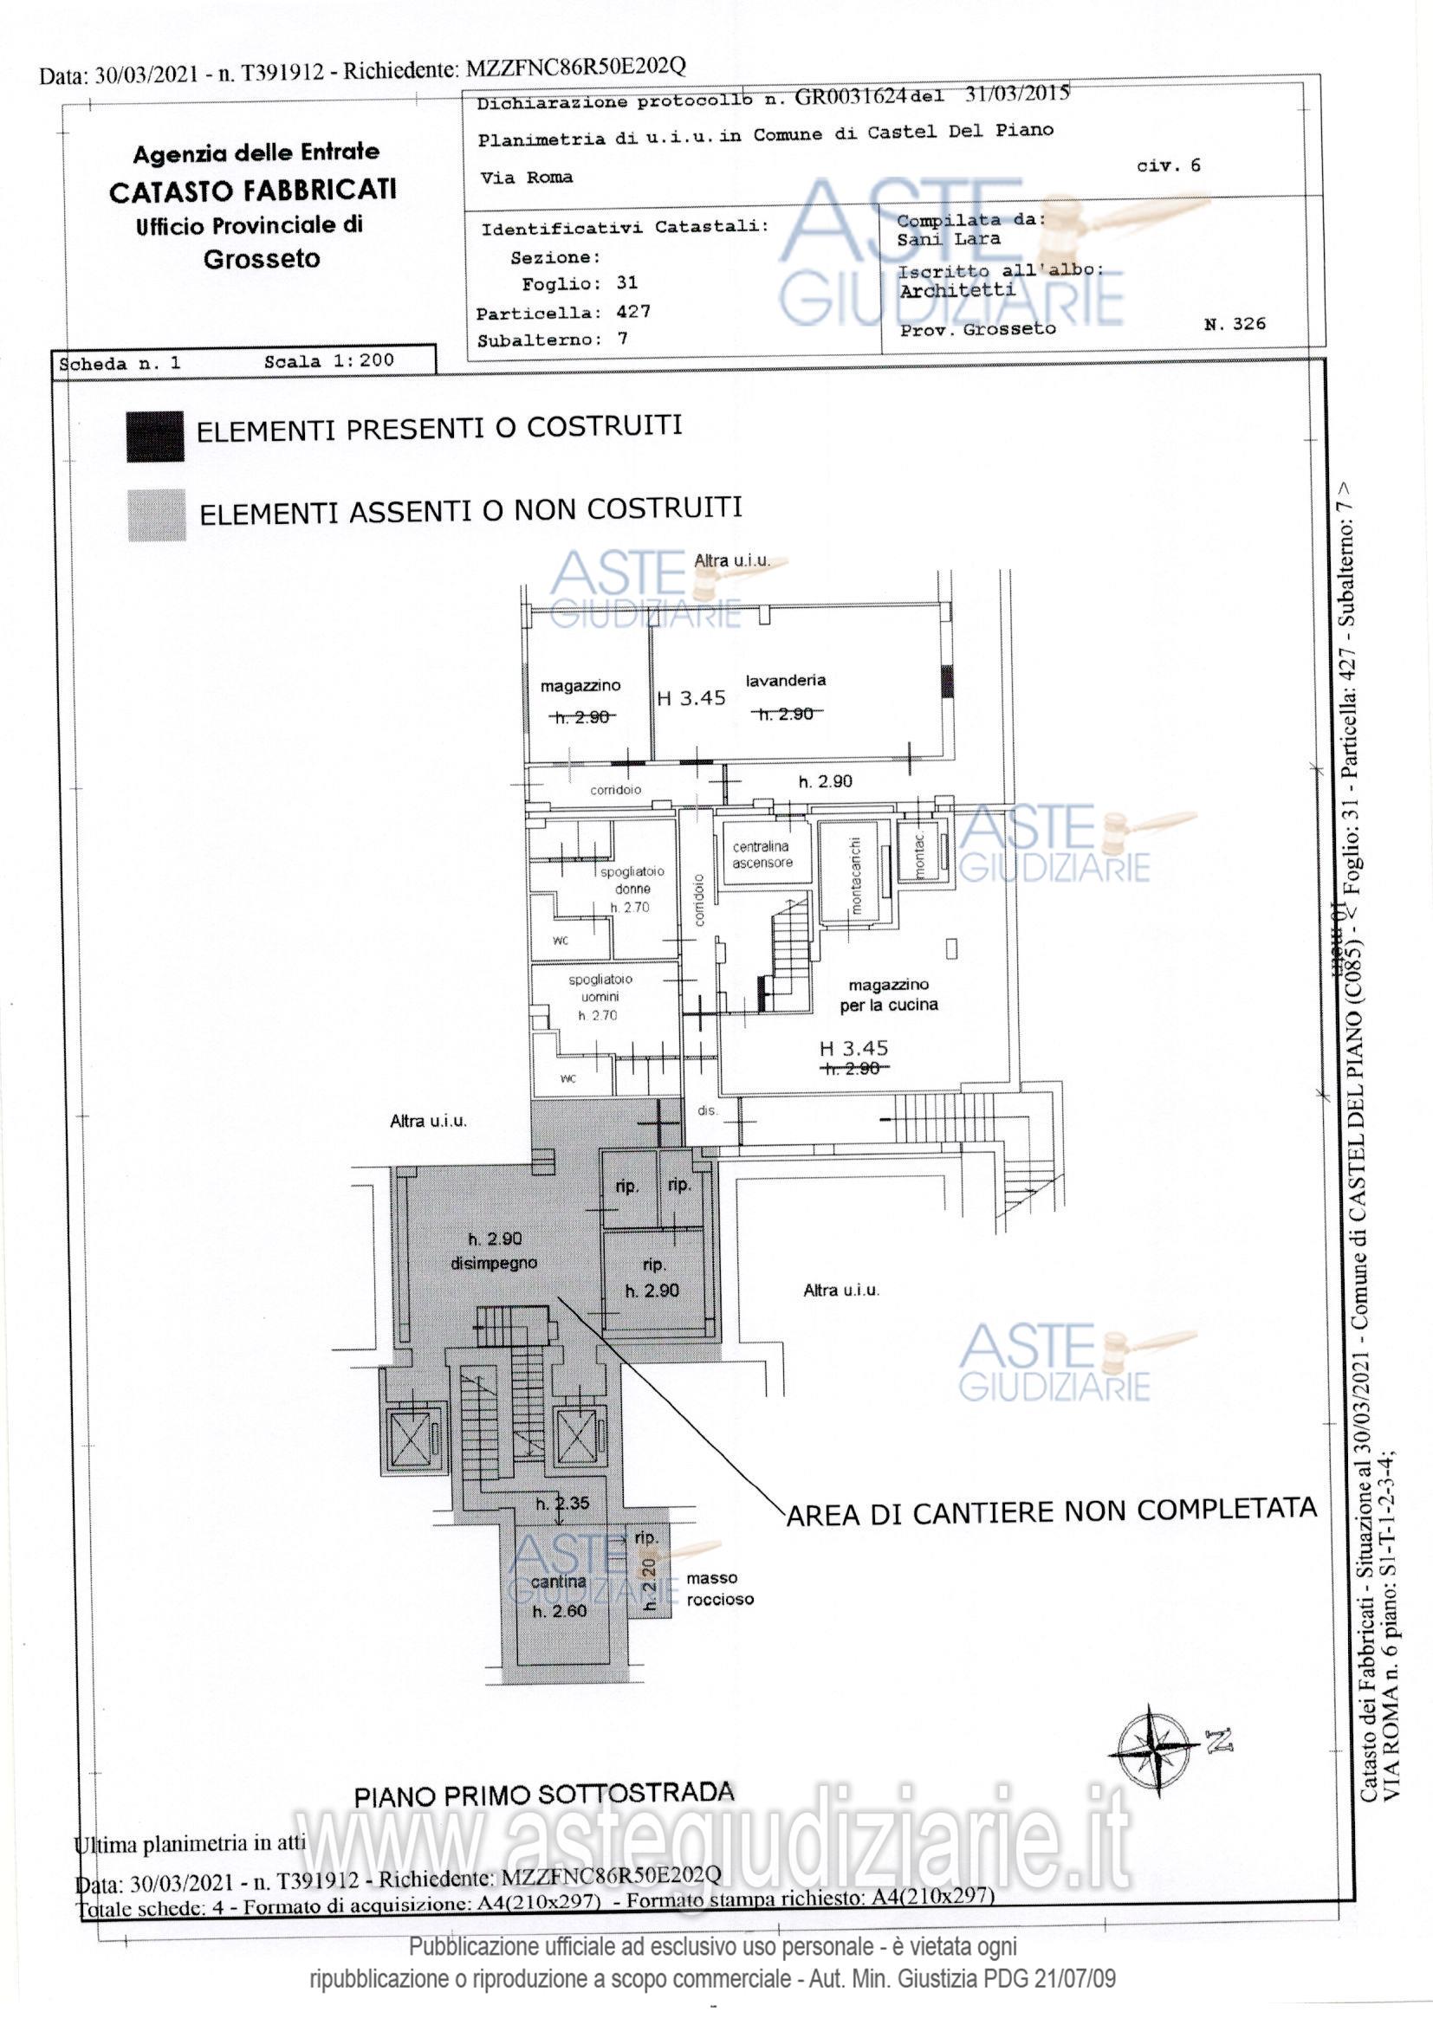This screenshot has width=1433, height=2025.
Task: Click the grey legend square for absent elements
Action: tap(156, 514)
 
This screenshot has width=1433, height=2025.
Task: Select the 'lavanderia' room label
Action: tap(785, 680)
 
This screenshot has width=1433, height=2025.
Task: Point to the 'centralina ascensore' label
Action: tap(762, 855)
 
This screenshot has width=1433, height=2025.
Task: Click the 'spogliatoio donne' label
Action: tap(632, 880)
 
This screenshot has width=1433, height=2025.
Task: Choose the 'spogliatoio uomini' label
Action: tap(600, 987)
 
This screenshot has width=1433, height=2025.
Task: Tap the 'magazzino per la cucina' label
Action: tap(889, 995)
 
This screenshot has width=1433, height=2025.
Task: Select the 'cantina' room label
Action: tap(560, 1582)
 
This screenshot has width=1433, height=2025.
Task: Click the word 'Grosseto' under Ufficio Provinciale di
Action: tap(262, 259)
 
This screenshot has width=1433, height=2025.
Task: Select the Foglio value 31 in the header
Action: tap(626, 283)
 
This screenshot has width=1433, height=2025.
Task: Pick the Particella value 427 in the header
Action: tap(632, 312)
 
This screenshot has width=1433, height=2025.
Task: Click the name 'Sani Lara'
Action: tap(949, 239)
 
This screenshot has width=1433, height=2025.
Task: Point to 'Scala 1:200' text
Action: tap(328, 360)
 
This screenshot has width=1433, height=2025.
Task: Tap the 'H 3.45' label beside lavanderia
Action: tap(691, 698)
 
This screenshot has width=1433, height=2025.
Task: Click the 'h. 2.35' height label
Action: tap(563, 1503)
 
